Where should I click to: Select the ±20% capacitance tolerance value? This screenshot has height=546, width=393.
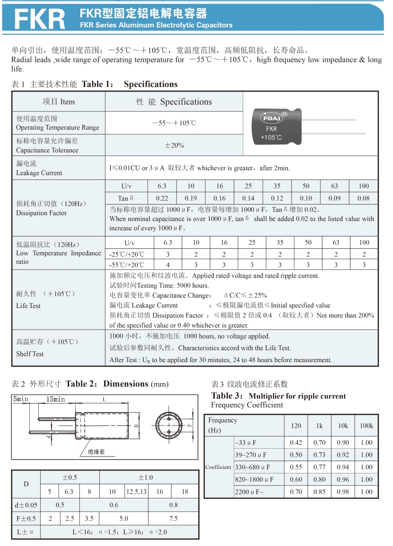pyautogui.click(x=174, y=145)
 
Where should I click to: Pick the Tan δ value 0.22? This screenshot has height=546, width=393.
pyautogui.click(x=162, y=198)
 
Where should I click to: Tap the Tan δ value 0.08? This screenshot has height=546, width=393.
pyautogui.click(x=363, y=198)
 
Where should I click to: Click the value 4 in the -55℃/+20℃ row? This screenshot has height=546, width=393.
pyautogui.click(x=168, y=265)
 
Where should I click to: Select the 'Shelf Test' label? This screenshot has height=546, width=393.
pyautogui.click(x=30, y=354)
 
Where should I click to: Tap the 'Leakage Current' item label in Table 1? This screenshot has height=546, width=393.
pyautogui.click(x=39, y=173)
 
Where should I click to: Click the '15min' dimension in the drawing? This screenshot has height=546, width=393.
pyautogui.click(x=55, y=399)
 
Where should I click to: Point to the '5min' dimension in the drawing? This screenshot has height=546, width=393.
pyautogui.click(x=21, y=399)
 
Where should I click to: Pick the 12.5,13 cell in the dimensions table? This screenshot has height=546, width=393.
pyautogui.click(x=137, y=491)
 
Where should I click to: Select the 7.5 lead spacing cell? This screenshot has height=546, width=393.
pyautogui.click(x=173, y=518)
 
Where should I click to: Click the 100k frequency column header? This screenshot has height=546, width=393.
pyautogui.click(x=366, y=426)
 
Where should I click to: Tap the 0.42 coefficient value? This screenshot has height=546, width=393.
pyautogui.click(x=296, y=443)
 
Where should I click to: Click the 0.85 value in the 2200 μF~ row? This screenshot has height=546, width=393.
pyautogui.click(x=319, y=492)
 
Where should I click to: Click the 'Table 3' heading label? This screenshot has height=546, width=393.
pyautogui.click(x=227, y=396)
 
